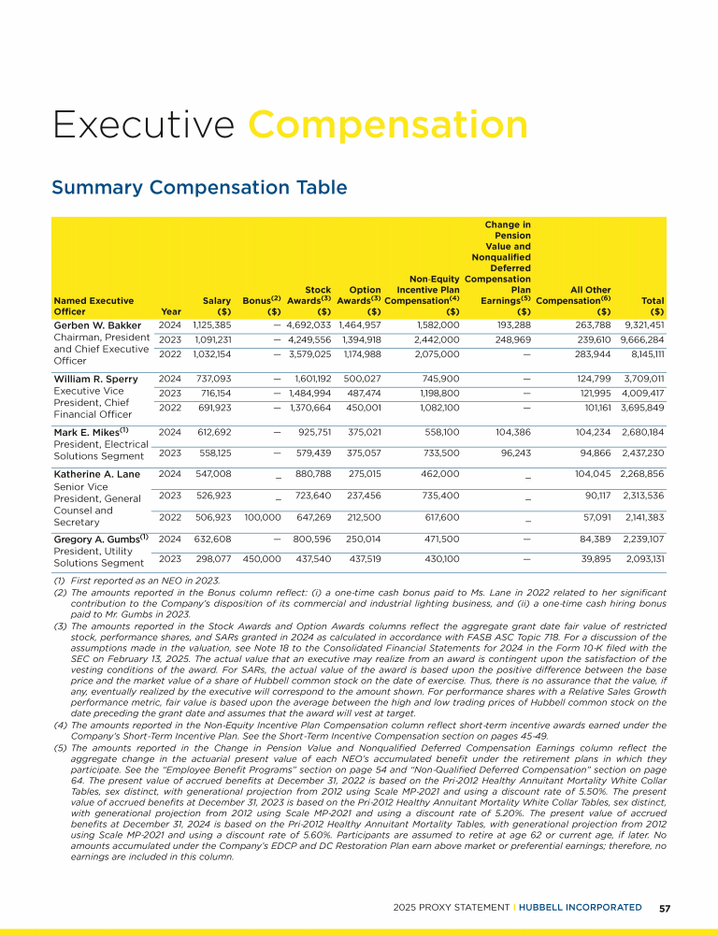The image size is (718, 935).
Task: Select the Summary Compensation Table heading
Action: click(x=198, y=188)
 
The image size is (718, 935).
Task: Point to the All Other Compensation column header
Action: click(x=573, y=299)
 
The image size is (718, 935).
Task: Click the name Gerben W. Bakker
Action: click(x=97, y=325)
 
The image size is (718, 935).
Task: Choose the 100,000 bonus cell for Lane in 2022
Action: click(x=262, y=517)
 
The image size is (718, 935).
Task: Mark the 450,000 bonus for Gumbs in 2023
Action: click(x=262, y=558)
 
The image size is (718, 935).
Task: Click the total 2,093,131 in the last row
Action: click(x=641, y=558)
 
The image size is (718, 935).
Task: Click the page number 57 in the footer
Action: click(x=664, y=907)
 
